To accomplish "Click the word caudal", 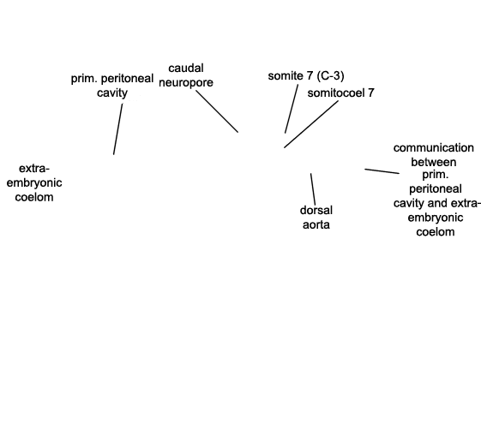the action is click(x=186, y=68).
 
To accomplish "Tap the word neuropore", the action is click(x=186, y=83).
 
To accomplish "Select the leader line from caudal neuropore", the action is click(x=217, y=111).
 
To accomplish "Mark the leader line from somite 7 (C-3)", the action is click(x=292, y=109).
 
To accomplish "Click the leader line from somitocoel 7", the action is click(x=311, y=124).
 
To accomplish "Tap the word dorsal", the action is click(x=316, y=211).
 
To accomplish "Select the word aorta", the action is click(x=316, y=225).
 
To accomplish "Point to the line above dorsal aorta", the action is click(x=313, y=189).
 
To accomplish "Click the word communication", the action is click(x=434, y=148).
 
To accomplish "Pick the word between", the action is click(x=434, y=162).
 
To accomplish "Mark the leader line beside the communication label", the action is click(x=382, y=171).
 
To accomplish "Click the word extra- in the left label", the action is click(x=34, y=169).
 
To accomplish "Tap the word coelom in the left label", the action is click(x=34, y=197).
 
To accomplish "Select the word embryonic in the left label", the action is click(x=34, y=183).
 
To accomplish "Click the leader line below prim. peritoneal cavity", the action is click(x=117, y=129).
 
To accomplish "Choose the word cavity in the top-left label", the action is click(x=112, y=93).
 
